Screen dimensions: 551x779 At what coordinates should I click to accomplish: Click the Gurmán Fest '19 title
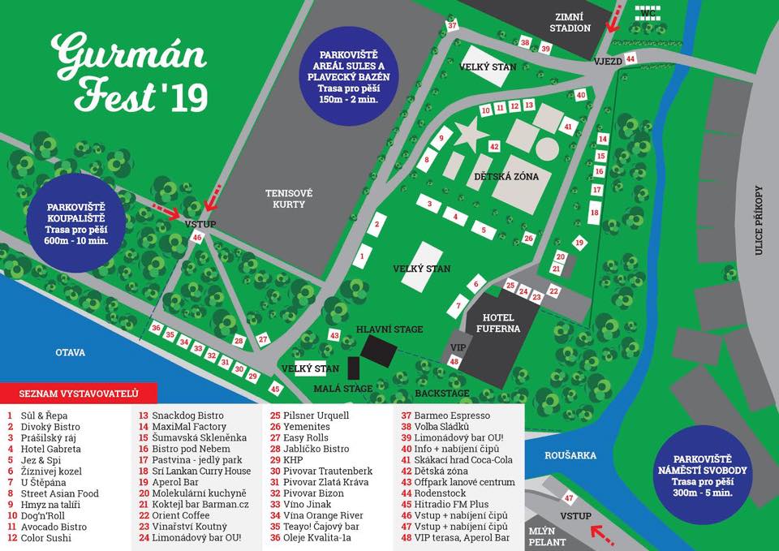click(x=130, y=73)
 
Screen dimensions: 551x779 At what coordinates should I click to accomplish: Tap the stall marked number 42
click(x=493, y=147)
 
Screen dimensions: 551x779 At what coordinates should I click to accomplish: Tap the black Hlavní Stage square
click(x=378, y=351)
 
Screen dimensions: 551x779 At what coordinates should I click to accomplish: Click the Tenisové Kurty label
click(x=289, y=199)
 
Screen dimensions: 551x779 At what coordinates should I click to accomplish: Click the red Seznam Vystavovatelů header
click(x=79, y=394)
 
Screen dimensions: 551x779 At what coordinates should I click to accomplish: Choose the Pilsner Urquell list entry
click(x=316, y=415)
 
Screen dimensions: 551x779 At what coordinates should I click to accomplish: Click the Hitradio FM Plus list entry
click(x=454, y=504)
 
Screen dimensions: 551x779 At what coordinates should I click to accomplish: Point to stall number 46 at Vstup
click(x=197, y=238)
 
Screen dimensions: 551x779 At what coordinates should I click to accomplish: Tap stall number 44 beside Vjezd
click(x=631, y=59)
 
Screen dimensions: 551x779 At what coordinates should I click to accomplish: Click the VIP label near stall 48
click(x=456, y=347)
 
